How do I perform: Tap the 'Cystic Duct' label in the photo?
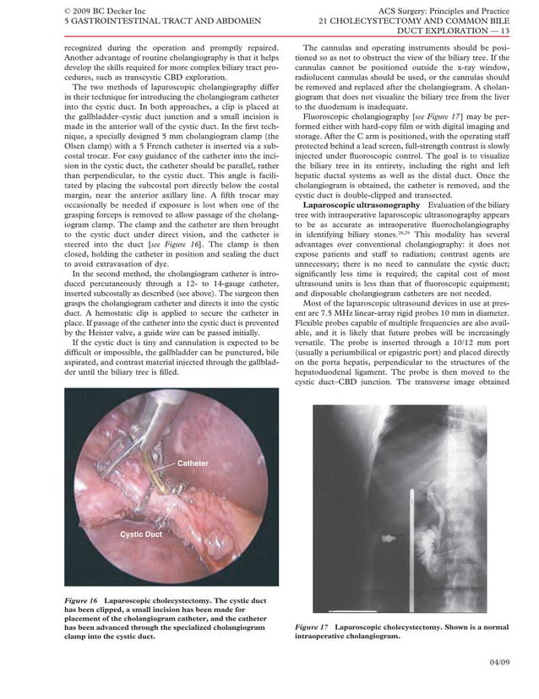(140, 535)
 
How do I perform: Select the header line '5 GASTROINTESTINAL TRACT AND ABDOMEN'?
(133, 21)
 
